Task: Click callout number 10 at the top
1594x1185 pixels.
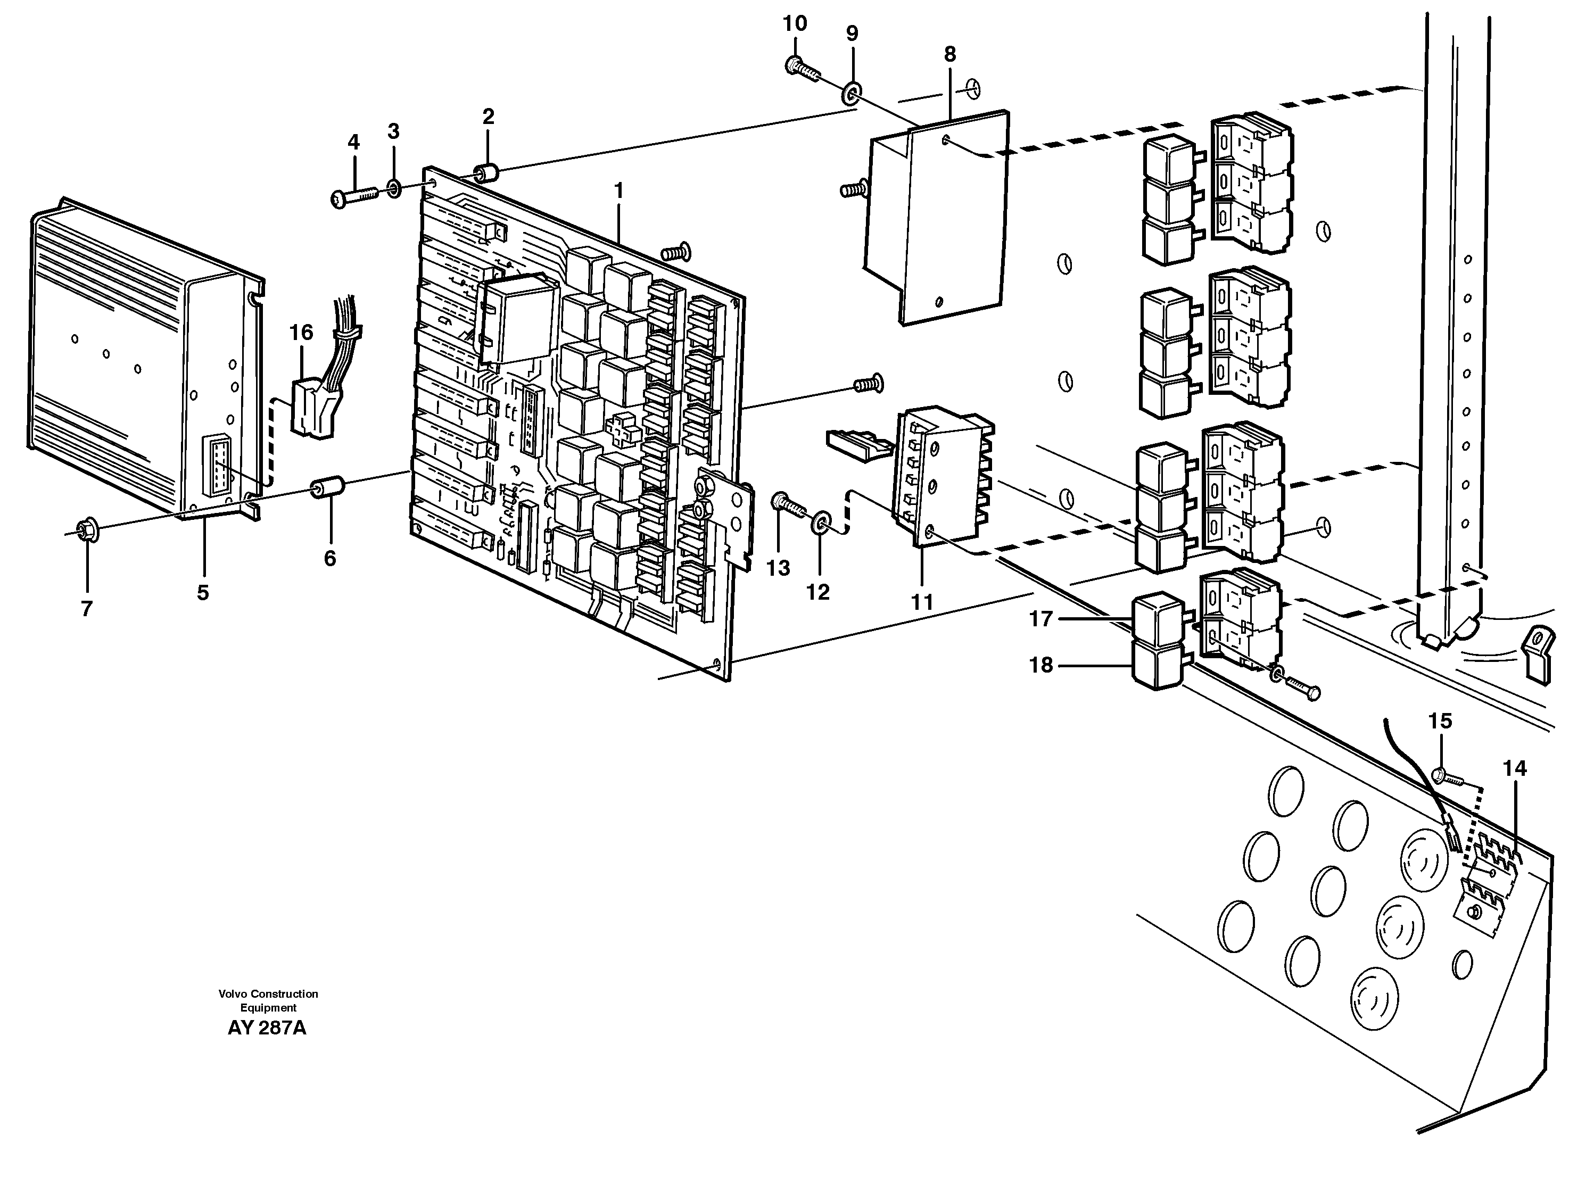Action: [x=794, y=23]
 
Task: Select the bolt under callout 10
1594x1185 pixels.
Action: [x=802, y=70]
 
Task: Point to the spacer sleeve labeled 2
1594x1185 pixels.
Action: [x=488, y=173]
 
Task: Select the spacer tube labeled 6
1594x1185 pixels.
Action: [x=328, y=489]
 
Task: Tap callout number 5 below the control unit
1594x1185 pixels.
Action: [x=203, y=593]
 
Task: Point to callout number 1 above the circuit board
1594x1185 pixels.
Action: [x=618, y=191]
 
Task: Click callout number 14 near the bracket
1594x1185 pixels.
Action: [x=1514, y=768]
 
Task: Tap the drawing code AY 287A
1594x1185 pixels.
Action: [x=267, y=1028]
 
